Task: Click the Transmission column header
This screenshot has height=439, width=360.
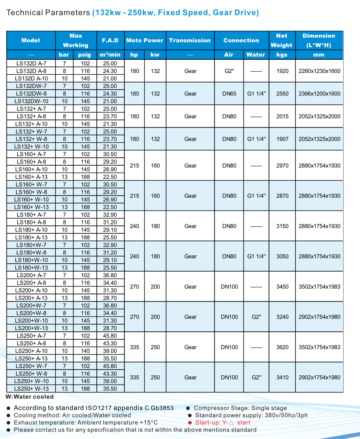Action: tap(190, 40)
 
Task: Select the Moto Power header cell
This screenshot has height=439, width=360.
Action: tap(145, 40)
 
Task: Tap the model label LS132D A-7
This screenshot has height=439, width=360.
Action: tap(31, 63)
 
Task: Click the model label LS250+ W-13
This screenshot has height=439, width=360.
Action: tap(31, 388)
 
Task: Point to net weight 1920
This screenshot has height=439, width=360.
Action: tap(282, 71)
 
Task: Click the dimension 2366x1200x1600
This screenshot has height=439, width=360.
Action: tap(319, 94)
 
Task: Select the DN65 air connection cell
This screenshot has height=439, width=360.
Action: tap(229, 94)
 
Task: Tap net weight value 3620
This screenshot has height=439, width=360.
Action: tap(282, 347)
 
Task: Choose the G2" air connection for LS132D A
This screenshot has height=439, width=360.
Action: tap(229, 71)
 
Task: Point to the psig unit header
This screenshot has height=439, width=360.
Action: tap(84, 55)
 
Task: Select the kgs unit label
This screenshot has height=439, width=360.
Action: tap(282, 55)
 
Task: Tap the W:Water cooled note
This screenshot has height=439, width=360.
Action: tap(29, 397)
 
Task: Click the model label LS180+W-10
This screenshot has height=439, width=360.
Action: tap(31, 260)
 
